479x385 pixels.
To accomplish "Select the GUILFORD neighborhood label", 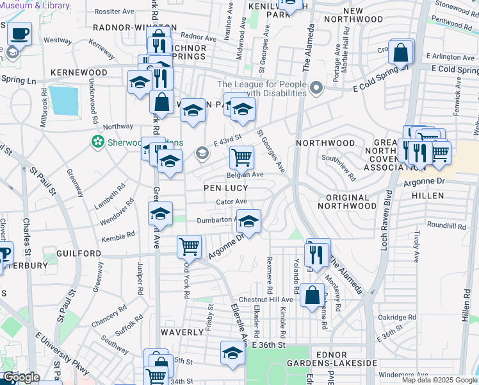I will pyautogui.click(x=79, y=253).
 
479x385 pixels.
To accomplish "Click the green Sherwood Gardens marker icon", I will pyautogui.click(x=97, y=141).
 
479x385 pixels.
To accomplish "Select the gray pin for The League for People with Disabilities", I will pyautogui.click(x=315, y=87).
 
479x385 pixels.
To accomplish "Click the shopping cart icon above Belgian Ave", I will pyautogui.click(x=241, y=156).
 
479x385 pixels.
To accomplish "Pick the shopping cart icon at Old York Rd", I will pyautogui.click(x=189, y=246).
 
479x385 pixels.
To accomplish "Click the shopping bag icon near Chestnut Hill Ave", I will pyautogui.click(x=312, y=296).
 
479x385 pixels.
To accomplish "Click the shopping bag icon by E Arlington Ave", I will pyautogui.click(x=401, y=53).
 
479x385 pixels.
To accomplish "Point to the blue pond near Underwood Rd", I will pyautogui.click(x=62, y=100).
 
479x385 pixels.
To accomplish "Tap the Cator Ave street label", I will pyautogui.click(x=232, y=201).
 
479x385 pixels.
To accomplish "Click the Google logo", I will pyautogui.click(x=21, y=377).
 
